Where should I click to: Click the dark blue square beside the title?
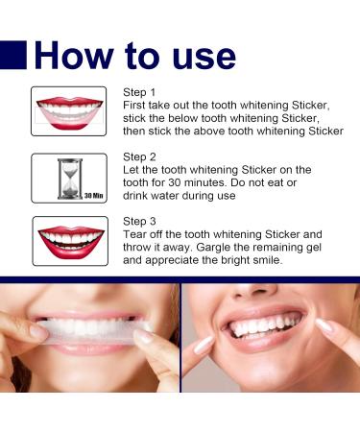coord(13,55)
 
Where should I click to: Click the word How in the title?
coord(74,56)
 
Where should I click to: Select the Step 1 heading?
coord(139,92)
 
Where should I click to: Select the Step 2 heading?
coord(139,156)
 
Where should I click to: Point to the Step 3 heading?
coord(139,221)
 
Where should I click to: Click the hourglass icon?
coord(70,179)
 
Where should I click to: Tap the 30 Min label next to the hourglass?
coord(94,195)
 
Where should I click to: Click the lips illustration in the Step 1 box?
coord(69,113)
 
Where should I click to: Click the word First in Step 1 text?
coord(134,106)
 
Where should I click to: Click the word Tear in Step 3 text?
coord(134,234)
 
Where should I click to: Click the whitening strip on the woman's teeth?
coord(92,332)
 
